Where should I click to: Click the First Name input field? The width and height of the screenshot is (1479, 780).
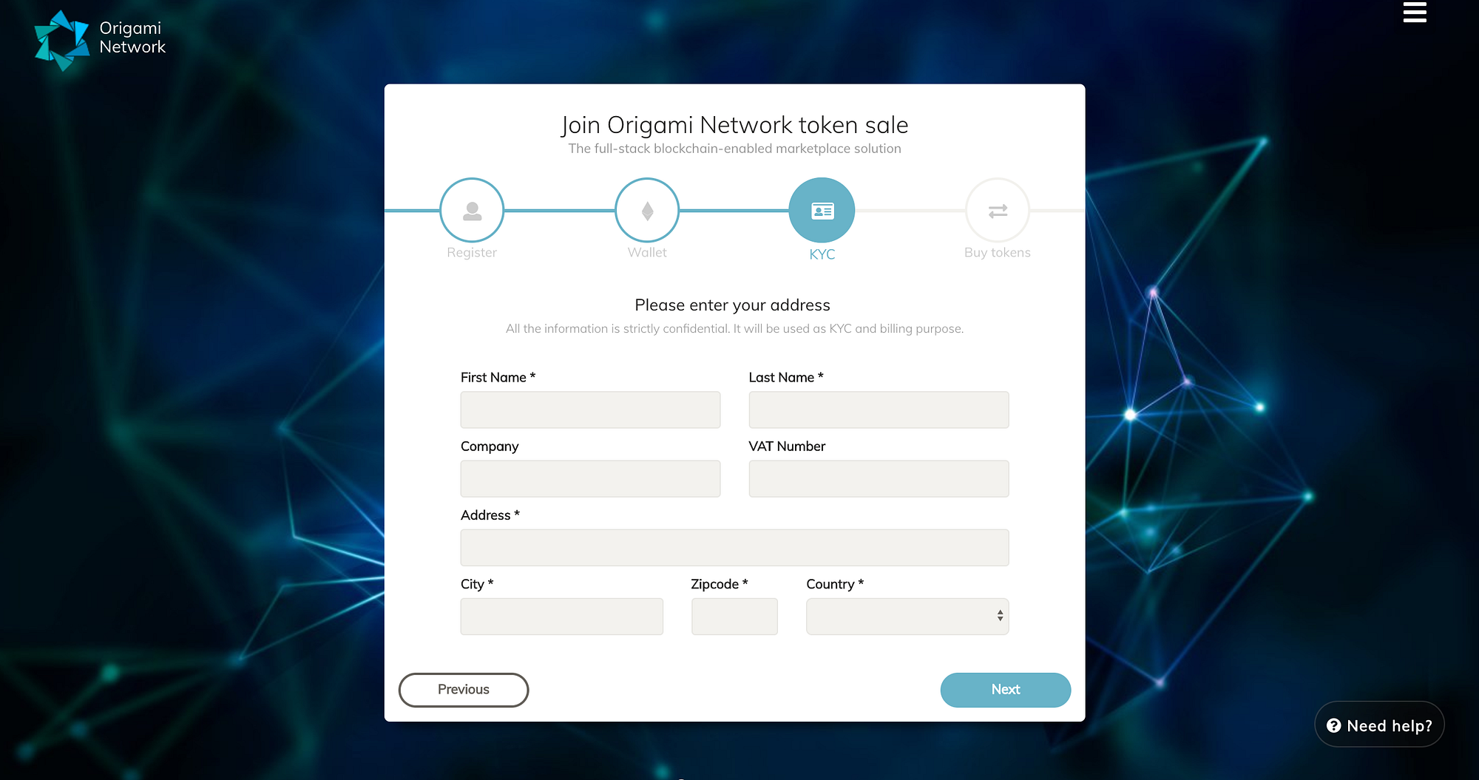point(590,410)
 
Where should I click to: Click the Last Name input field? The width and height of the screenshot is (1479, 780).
point(879,410)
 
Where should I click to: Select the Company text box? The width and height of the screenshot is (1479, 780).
point(590,478)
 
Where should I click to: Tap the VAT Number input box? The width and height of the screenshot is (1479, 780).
point(879,478)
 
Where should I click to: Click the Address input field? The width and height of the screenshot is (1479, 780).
point(734,548)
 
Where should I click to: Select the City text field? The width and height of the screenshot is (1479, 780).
point(561,617)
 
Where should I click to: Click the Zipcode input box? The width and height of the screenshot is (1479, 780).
point(734,617)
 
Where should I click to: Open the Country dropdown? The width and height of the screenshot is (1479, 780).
point(907,617)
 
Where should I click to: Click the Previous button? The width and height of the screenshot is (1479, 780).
point(464,690)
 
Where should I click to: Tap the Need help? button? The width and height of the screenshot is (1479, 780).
point(1379,725)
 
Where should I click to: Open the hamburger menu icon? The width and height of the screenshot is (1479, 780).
point(1415,13)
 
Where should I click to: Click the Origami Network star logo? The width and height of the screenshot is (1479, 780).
point(61,40)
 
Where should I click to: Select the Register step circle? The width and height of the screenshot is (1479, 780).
point(472,211)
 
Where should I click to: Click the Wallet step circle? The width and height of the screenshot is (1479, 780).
point(647,211)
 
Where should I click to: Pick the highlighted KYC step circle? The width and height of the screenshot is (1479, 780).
point(822,211)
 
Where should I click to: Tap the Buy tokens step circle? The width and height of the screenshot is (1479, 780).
point(998,211)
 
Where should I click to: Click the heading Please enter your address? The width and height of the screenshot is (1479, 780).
point(732,305)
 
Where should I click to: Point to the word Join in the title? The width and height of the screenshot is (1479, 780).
point(581,126)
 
